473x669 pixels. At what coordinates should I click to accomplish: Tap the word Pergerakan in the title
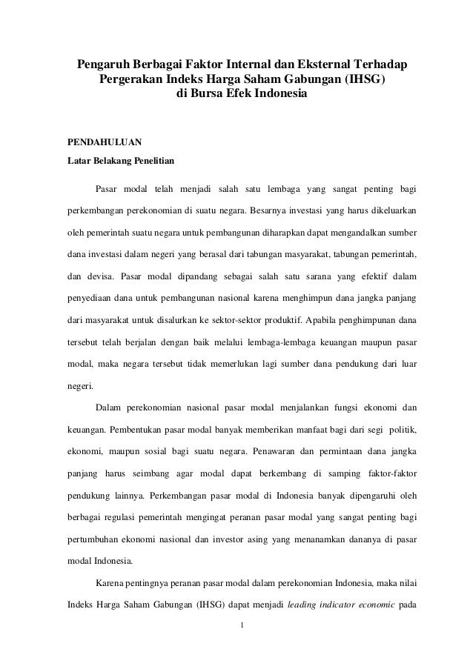pos(131,80)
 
